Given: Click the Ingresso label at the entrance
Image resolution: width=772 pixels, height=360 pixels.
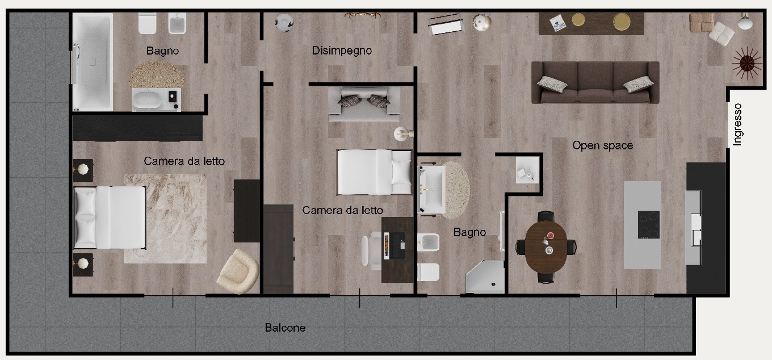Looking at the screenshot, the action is (737, 124).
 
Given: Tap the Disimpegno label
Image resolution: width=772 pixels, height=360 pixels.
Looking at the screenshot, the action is (342, 51).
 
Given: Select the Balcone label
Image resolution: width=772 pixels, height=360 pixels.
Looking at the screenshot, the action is (285, 327).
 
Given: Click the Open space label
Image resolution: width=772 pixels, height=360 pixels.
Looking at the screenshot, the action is (602, 145).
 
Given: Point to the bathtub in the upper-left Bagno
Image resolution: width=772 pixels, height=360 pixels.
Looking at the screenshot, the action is (93, 62).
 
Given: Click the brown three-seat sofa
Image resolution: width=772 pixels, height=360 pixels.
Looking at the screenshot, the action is (595, 82).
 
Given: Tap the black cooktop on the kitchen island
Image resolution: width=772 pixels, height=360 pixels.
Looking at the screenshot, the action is (649, 225).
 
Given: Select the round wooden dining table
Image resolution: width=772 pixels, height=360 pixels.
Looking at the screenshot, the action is (546, 247).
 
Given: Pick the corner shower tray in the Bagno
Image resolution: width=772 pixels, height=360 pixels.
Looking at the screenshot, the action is (485, 277).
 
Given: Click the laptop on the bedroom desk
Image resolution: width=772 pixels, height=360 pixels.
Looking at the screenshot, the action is (395, 245).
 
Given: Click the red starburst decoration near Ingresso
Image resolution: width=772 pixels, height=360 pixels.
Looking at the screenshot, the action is (747, 63).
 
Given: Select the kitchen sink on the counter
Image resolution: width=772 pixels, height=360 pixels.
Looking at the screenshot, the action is (695, 229).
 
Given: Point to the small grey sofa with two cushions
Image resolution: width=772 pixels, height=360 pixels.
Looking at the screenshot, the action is (364, 103).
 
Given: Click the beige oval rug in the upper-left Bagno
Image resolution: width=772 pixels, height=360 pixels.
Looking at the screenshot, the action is (157, 74).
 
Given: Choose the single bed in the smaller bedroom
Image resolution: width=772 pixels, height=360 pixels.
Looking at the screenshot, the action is (374, 172).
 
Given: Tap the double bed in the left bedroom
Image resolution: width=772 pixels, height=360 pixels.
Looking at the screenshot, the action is (109, 217).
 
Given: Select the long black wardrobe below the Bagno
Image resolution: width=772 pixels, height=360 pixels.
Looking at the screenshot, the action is (137, 128).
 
